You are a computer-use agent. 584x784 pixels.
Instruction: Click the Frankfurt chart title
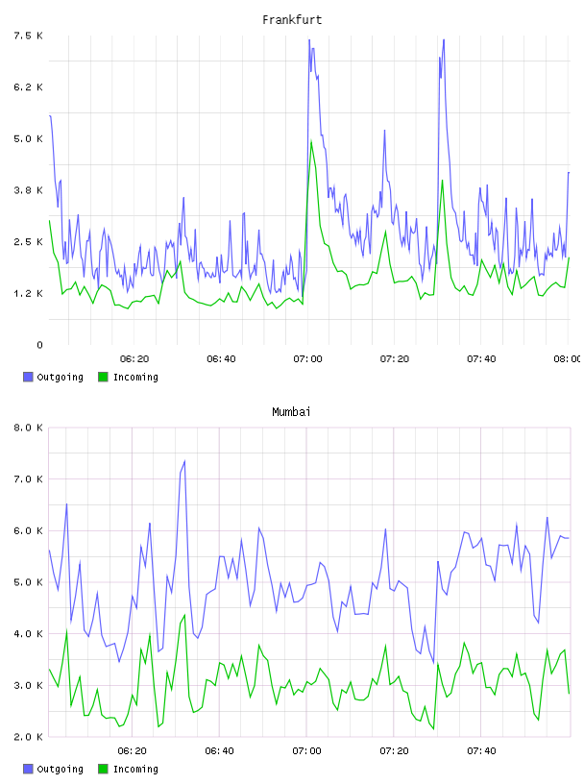292,20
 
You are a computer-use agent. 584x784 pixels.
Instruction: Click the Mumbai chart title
291,412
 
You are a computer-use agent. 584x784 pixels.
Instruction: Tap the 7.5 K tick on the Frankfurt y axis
29,36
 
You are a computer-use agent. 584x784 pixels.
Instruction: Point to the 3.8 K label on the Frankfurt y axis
29,190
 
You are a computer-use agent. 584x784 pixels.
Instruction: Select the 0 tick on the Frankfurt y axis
40,345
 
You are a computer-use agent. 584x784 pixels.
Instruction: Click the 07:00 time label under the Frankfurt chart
308,358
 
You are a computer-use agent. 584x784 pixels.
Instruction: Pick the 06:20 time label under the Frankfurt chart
134,358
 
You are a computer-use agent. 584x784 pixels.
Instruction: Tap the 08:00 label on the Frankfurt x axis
568,358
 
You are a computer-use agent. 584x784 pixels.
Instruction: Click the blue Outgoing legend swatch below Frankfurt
28,377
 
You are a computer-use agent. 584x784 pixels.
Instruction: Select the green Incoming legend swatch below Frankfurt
103,377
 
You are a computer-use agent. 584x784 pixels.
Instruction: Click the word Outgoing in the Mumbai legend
60,769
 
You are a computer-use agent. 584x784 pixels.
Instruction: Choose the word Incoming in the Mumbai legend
135,769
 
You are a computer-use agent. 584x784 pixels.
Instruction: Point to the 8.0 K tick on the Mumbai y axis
29,428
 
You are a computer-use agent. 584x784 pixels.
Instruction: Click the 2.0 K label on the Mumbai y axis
29,737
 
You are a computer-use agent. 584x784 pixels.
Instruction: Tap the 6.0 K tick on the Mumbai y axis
29,530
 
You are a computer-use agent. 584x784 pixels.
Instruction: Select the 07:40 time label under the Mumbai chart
481,750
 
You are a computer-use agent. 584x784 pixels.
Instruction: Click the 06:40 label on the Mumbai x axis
220,750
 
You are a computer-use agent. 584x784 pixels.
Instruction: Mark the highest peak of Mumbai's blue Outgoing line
184,461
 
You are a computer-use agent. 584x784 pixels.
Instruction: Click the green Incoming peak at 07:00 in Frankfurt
311,141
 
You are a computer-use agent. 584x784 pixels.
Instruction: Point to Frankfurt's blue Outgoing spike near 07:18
384,131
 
